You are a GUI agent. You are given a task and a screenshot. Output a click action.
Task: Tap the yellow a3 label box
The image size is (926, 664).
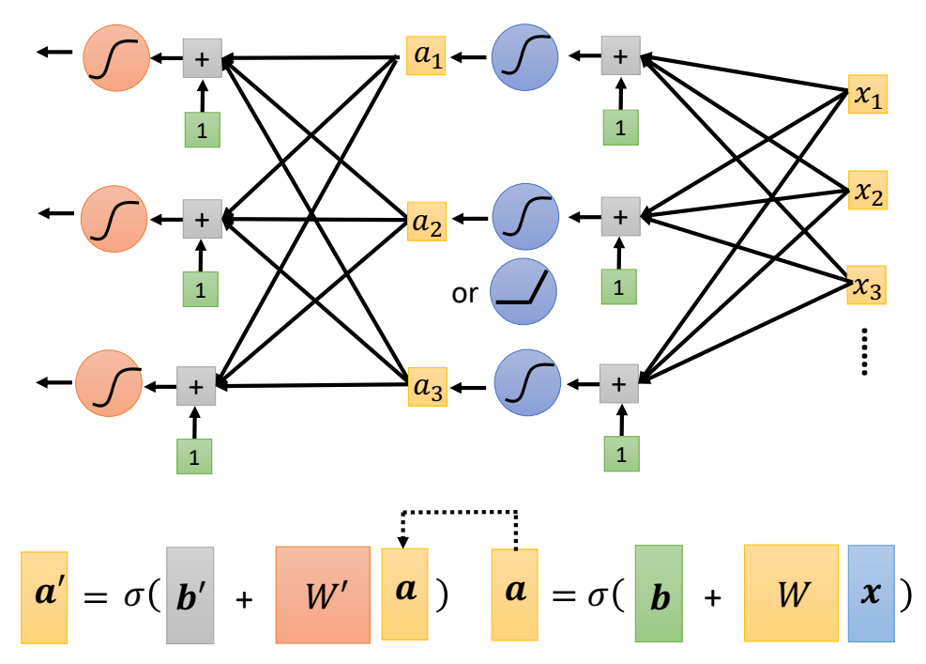tap(427, 385)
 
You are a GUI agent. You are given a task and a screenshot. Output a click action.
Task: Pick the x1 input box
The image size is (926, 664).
tap(867, 94)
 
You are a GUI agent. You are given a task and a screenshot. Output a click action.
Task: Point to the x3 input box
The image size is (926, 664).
tap(867, 286)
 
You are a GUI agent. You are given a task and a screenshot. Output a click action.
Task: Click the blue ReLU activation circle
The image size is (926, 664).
tap(524, 292)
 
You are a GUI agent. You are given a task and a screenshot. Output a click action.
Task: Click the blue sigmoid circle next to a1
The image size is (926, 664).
tap(524, 57)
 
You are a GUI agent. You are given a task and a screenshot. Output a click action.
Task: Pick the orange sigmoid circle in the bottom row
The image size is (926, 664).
tap(110, 383)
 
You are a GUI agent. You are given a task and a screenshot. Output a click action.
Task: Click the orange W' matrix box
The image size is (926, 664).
tap(322, 595)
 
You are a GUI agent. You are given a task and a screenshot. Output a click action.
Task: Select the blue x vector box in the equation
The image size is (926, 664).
tap(872, 595)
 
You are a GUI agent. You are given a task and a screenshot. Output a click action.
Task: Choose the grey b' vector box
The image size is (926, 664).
tap(190, 595)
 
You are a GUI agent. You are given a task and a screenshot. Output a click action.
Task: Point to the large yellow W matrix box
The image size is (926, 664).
tap(791, 595)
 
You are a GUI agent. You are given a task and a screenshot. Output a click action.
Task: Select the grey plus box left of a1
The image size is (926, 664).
tap(202, 58)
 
